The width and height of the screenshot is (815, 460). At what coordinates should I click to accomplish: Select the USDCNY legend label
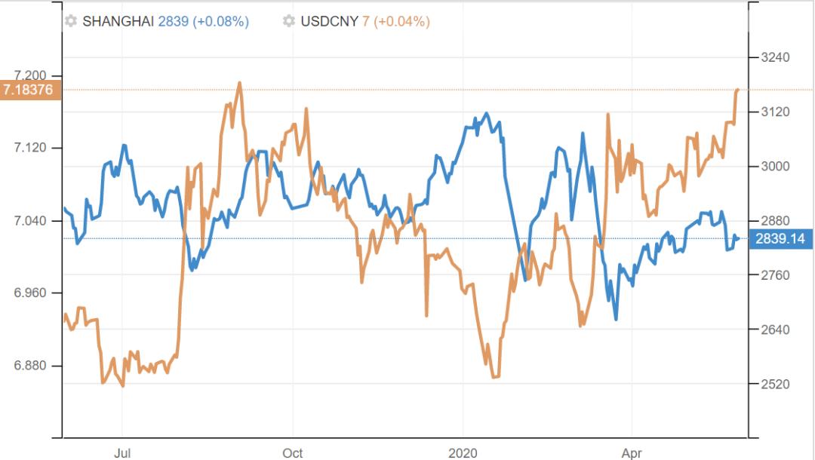(330, 22)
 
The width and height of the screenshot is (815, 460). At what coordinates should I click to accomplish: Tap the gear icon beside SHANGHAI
(71, 22)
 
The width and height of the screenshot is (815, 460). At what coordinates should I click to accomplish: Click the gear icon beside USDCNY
(289, 22)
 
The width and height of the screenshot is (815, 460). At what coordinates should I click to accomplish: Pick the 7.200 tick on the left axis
(31, 75)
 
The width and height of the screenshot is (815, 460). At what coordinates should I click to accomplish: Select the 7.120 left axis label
(31, 148)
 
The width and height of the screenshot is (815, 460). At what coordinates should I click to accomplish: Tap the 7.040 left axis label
(31, 221)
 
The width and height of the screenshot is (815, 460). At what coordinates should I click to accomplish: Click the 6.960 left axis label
(31, 293)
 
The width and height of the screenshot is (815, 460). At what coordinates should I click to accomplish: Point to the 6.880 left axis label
(31, 366)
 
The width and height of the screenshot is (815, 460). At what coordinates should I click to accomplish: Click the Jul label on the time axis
(122, 453)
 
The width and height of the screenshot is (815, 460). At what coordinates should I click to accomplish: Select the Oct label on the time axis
(292, 453)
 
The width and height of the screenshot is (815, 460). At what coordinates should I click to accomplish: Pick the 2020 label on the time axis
(463, 453)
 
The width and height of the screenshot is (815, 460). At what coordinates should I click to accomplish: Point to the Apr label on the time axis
(632, 453)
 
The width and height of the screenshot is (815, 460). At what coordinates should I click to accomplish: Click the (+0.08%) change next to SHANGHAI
(221, 22)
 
